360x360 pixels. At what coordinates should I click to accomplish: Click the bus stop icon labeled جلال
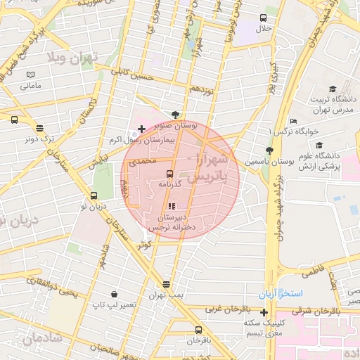click(264, 18)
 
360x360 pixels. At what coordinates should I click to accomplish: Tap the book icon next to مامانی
click(30, 75)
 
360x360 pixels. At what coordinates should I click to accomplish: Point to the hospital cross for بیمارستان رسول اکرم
click(142, 129)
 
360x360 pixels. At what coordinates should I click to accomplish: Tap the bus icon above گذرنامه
click(170, 173)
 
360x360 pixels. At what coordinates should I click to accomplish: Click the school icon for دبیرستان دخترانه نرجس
click(172, 206)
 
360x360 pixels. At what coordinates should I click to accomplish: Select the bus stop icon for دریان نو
click(94, 195)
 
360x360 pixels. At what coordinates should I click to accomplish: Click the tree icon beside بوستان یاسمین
click(269, 150)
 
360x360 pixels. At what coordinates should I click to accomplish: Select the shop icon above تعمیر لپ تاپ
click(114, 294)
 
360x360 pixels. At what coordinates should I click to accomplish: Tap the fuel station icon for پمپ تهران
click(166, 284)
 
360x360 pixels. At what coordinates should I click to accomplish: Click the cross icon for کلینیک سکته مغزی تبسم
click(264, 311)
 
